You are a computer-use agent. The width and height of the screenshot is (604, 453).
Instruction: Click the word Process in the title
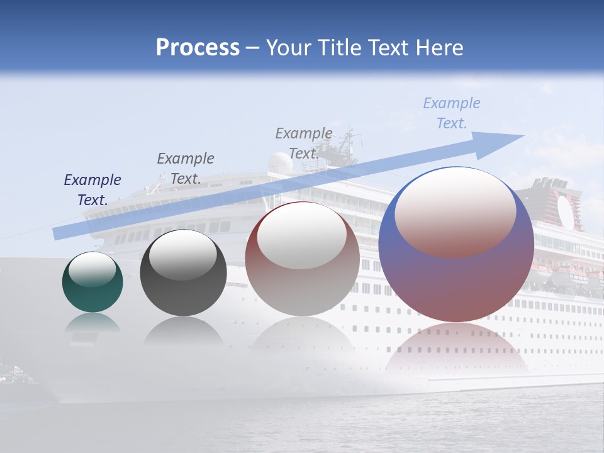pyautogui.click(x=198, y=48)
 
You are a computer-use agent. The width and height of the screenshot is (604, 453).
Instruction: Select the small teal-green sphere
pyautogui.click(x=92, y=282)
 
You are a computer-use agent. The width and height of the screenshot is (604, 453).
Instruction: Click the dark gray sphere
pyautogui.click(x=183, y=272)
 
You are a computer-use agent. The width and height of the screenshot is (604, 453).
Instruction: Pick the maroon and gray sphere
pyautogui.click(x=302, y=259)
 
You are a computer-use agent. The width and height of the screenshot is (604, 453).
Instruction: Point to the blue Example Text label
pyautogui.click(x=451, y=113)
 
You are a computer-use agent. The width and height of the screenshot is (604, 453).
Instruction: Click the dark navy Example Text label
pyautogui.click(x=92, y=189)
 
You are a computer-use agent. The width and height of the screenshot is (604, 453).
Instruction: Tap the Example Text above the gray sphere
pyautogui.click(x=185, y=168)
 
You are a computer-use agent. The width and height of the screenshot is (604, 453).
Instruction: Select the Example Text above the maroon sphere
pyautogui.click(x=303, y=143)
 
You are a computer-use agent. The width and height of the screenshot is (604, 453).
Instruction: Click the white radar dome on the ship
pyautogui.click(x=280, y=162)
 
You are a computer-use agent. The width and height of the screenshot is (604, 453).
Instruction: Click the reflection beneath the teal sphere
pyautogui.click(x=92, y=324)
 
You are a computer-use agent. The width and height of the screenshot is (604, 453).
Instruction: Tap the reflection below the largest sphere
pyautogui.click(x=456, y=349)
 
